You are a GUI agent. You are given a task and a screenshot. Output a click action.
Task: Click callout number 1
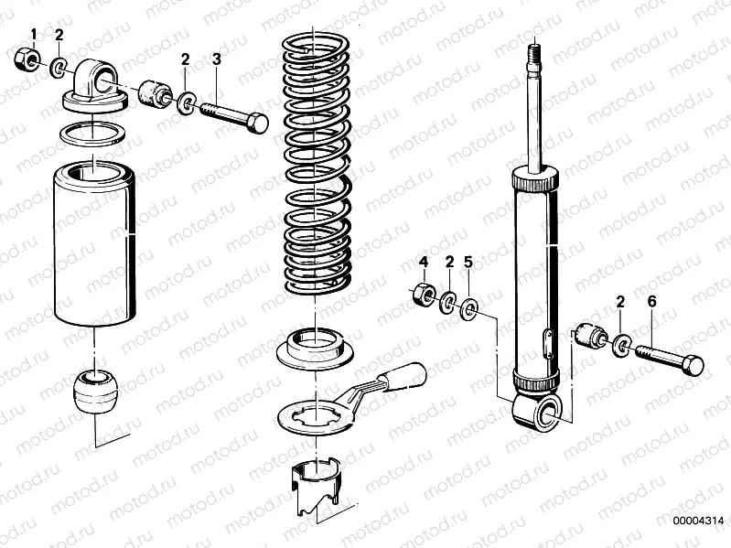click(34, 35)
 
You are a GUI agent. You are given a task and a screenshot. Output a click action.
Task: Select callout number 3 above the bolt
click(217, 59)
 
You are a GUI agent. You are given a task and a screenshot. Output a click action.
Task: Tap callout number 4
click(424, 263)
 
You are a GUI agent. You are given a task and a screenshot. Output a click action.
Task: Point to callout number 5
click(468, 263)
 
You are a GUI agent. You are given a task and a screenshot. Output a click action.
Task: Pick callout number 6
click(651, 301)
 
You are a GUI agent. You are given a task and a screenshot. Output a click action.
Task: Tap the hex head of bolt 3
click(258, 123)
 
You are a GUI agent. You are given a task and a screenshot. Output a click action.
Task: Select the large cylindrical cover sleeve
click(94, 242)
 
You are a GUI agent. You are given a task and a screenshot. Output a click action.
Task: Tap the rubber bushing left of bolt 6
click(591, 336)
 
